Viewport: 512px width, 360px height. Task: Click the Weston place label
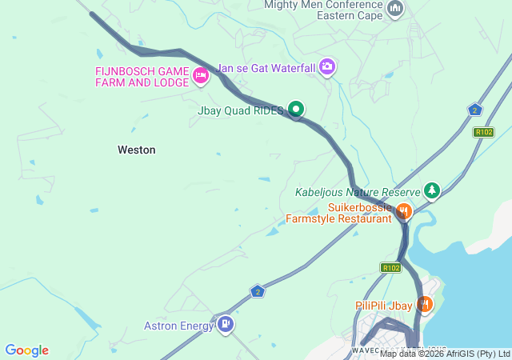point(136,150)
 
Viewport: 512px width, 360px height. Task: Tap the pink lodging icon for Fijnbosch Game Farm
point(200,76)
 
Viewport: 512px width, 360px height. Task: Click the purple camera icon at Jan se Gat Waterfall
point(326,66)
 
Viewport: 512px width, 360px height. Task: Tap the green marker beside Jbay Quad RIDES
point(296,109)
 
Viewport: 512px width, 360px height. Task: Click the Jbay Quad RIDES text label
point(240,111)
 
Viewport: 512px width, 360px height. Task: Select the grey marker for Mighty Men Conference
point(394,9)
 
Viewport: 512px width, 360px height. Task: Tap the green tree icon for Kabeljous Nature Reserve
point(432,190)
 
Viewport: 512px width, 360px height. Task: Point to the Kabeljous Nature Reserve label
point(358,193)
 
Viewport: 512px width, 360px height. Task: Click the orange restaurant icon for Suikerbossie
point(403,211)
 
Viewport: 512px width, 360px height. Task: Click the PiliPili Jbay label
point(383,306)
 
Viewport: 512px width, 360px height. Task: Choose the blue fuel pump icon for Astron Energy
point(226,324)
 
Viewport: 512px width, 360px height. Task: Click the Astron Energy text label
point(178,326)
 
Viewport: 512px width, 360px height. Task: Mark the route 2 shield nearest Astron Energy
point(257,291)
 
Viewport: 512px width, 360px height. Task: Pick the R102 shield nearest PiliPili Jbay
point(390,268)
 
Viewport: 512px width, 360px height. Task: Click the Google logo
point(26,350)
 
